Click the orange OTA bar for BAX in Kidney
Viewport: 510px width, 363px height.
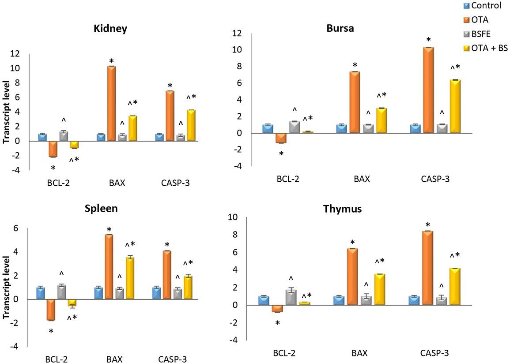point(111,104)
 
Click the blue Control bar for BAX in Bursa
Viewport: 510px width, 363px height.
point(341,129)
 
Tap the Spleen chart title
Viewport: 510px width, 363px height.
point(101,208)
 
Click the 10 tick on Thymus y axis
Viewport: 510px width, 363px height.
point(233,217)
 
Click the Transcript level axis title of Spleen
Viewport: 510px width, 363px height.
point(7,287)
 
